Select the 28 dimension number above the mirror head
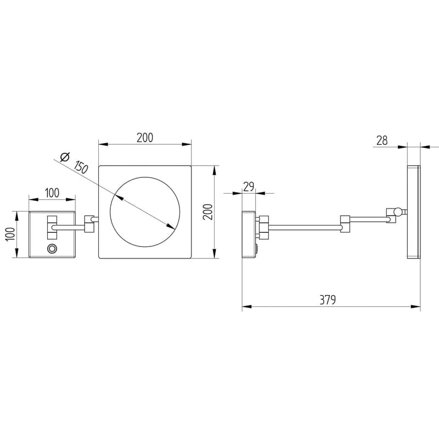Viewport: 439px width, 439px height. [x=382, y=140]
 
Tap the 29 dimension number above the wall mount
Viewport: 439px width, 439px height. [x=249, y=187]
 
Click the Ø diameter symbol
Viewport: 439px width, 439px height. [x=64, y=157]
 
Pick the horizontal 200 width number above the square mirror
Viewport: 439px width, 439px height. [x=144, y=138]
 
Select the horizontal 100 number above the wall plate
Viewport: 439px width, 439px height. [x=52, y=192]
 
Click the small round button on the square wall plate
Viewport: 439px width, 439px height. [x=53, y=249]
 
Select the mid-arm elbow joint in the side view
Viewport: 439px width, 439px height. [x=345, y=223]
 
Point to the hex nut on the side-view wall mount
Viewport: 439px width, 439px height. [x=263, y=227]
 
